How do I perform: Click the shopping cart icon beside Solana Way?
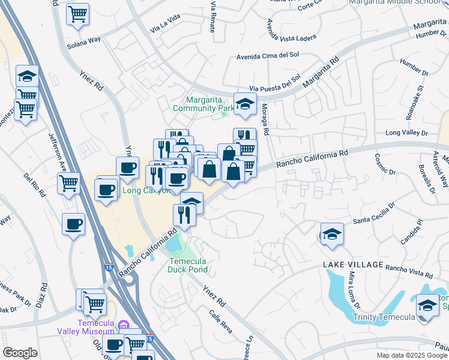point(77,13)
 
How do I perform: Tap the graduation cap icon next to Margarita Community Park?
point(245,105)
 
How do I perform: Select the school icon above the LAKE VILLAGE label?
point(331,235)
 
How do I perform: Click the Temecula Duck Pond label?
point(187,265)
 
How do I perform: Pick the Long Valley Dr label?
point(406,133)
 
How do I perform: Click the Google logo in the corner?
point(20,352)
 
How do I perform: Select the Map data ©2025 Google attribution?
point(412,355)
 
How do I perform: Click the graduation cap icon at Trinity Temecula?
point(427,305)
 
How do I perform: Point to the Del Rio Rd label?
point(34,186)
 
